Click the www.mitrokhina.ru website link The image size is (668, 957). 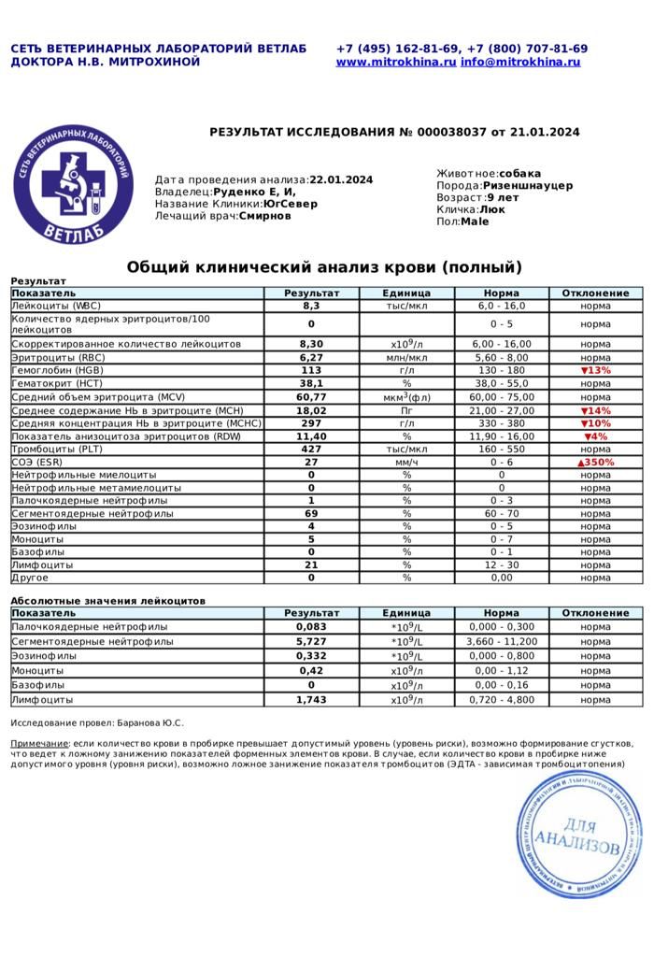coord(396,62)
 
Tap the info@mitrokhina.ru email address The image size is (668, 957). coord(520,62)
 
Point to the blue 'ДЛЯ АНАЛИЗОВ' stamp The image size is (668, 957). coord(579,835)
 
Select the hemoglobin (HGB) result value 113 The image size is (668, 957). coord(311,370)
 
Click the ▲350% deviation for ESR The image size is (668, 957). coord(595,462)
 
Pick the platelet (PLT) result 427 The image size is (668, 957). coord(311,449)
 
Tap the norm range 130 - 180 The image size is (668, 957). coord(502,370)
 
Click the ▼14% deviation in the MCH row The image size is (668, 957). coord(595,410)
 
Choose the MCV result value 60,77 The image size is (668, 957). coord(311,396)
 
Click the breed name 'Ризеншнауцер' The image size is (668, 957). coord(528,185)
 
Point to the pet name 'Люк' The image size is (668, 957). coord(492,209)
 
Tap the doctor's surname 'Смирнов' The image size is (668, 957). coord(264,216)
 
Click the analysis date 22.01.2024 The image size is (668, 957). coord(341,179)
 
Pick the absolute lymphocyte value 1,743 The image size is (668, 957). coord(311,699)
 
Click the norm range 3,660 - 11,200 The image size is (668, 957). coord(502,642)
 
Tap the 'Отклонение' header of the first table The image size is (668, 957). coord(595,293)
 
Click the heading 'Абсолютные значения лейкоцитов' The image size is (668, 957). coord(107,600)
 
